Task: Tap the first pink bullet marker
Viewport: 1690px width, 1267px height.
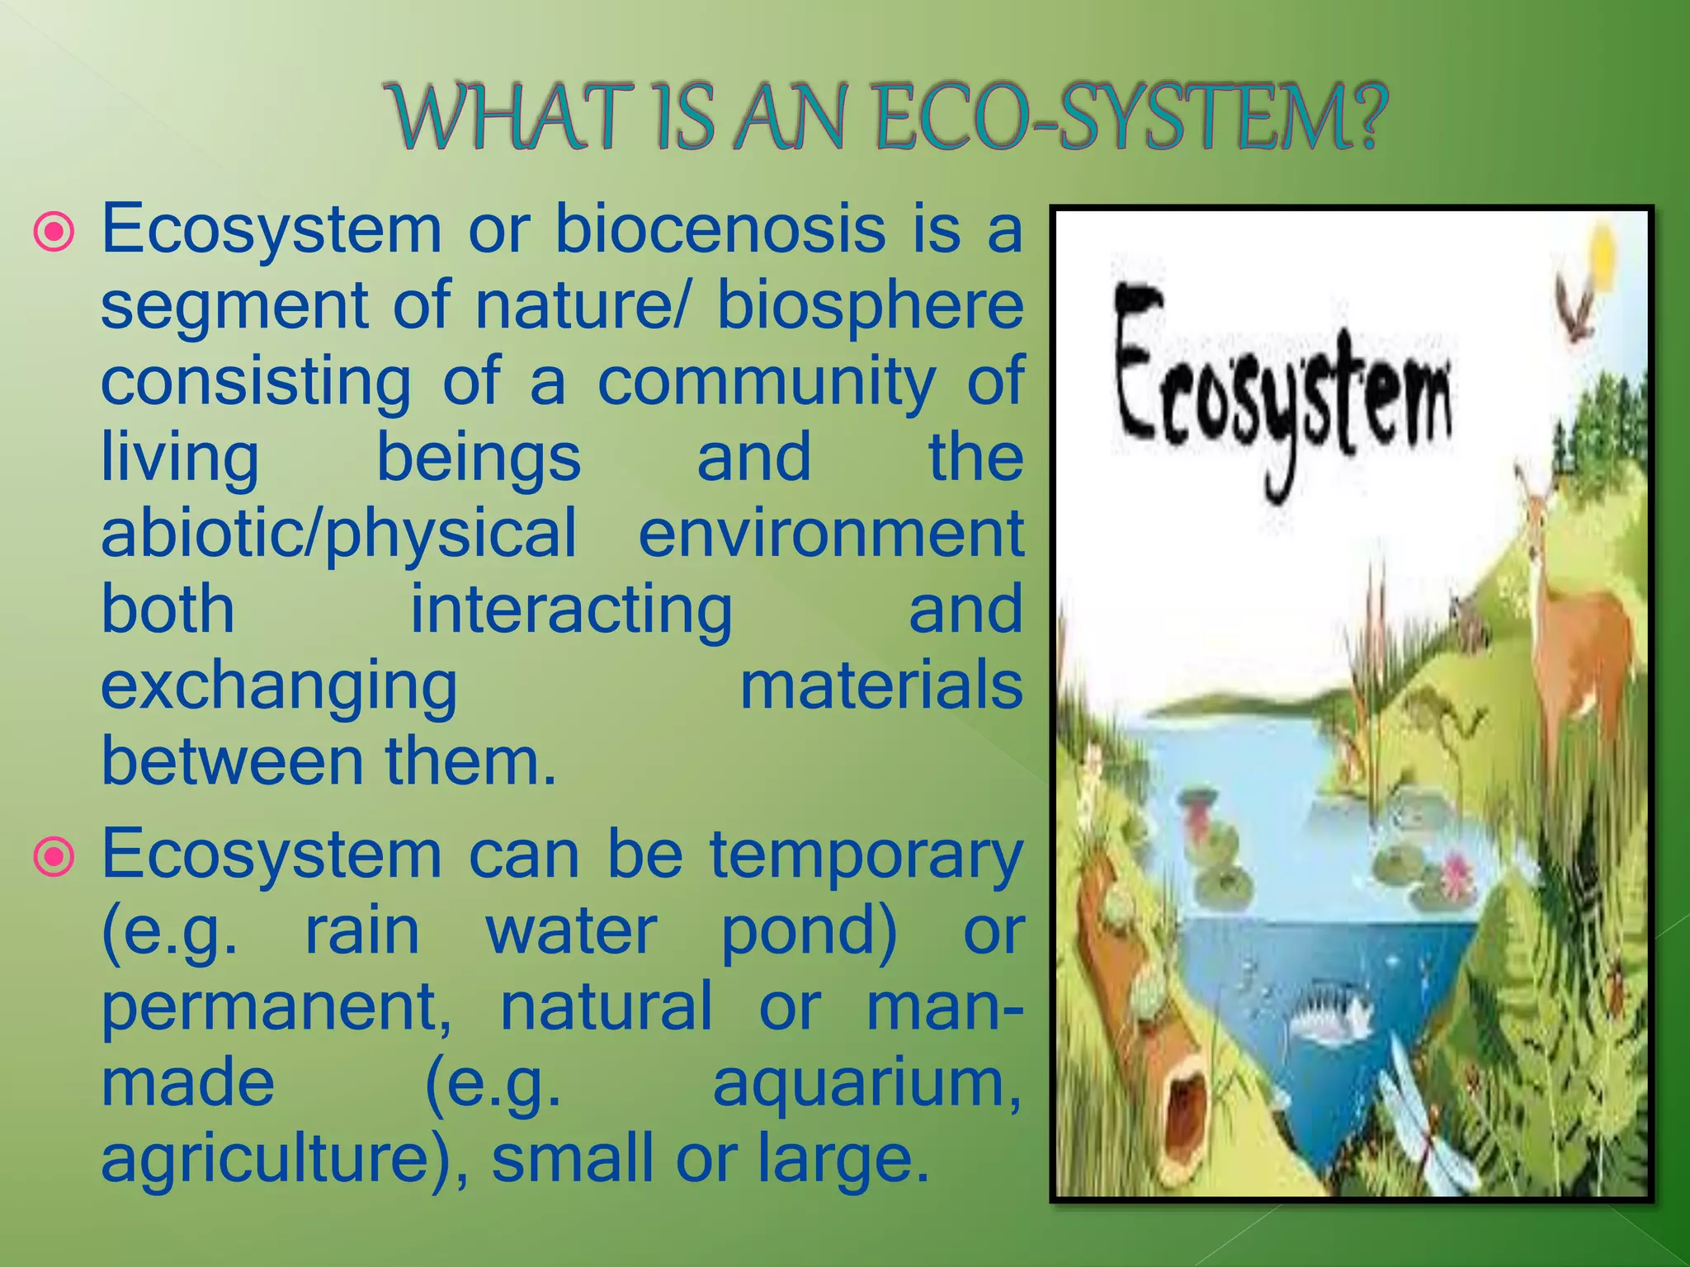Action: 54,233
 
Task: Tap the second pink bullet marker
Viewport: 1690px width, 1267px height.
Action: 54,859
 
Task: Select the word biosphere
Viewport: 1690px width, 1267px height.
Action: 870,307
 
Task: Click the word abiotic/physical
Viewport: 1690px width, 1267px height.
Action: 338,535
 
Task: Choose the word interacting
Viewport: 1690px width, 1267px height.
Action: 571,611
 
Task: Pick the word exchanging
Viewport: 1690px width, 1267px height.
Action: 279,688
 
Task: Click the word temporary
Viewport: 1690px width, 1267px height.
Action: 866,856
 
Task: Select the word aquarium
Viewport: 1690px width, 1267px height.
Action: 866,1084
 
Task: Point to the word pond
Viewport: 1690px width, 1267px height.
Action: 809,933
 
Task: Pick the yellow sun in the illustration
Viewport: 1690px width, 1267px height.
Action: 1601,256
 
